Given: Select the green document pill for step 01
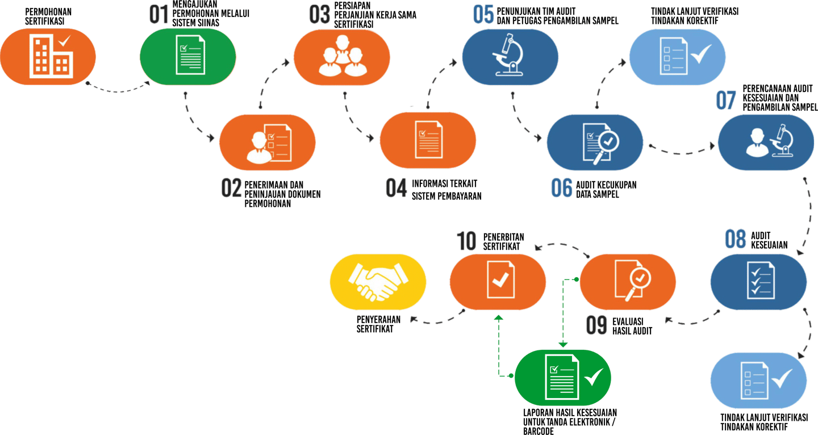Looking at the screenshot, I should [188, 56].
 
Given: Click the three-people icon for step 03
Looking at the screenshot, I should [341, 56].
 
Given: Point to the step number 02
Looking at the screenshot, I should [231, 189].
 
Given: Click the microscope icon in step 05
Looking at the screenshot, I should [509, 56].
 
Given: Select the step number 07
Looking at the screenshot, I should [726, 101].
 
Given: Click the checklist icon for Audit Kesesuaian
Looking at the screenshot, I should [759, 281].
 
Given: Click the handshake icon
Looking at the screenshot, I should [378, 282].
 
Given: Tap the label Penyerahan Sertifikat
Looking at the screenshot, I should [378, 324].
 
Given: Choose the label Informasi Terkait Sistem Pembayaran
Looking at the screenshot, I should [446, 190].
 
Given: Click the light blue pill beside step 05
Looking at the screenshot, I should [677, 56].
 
